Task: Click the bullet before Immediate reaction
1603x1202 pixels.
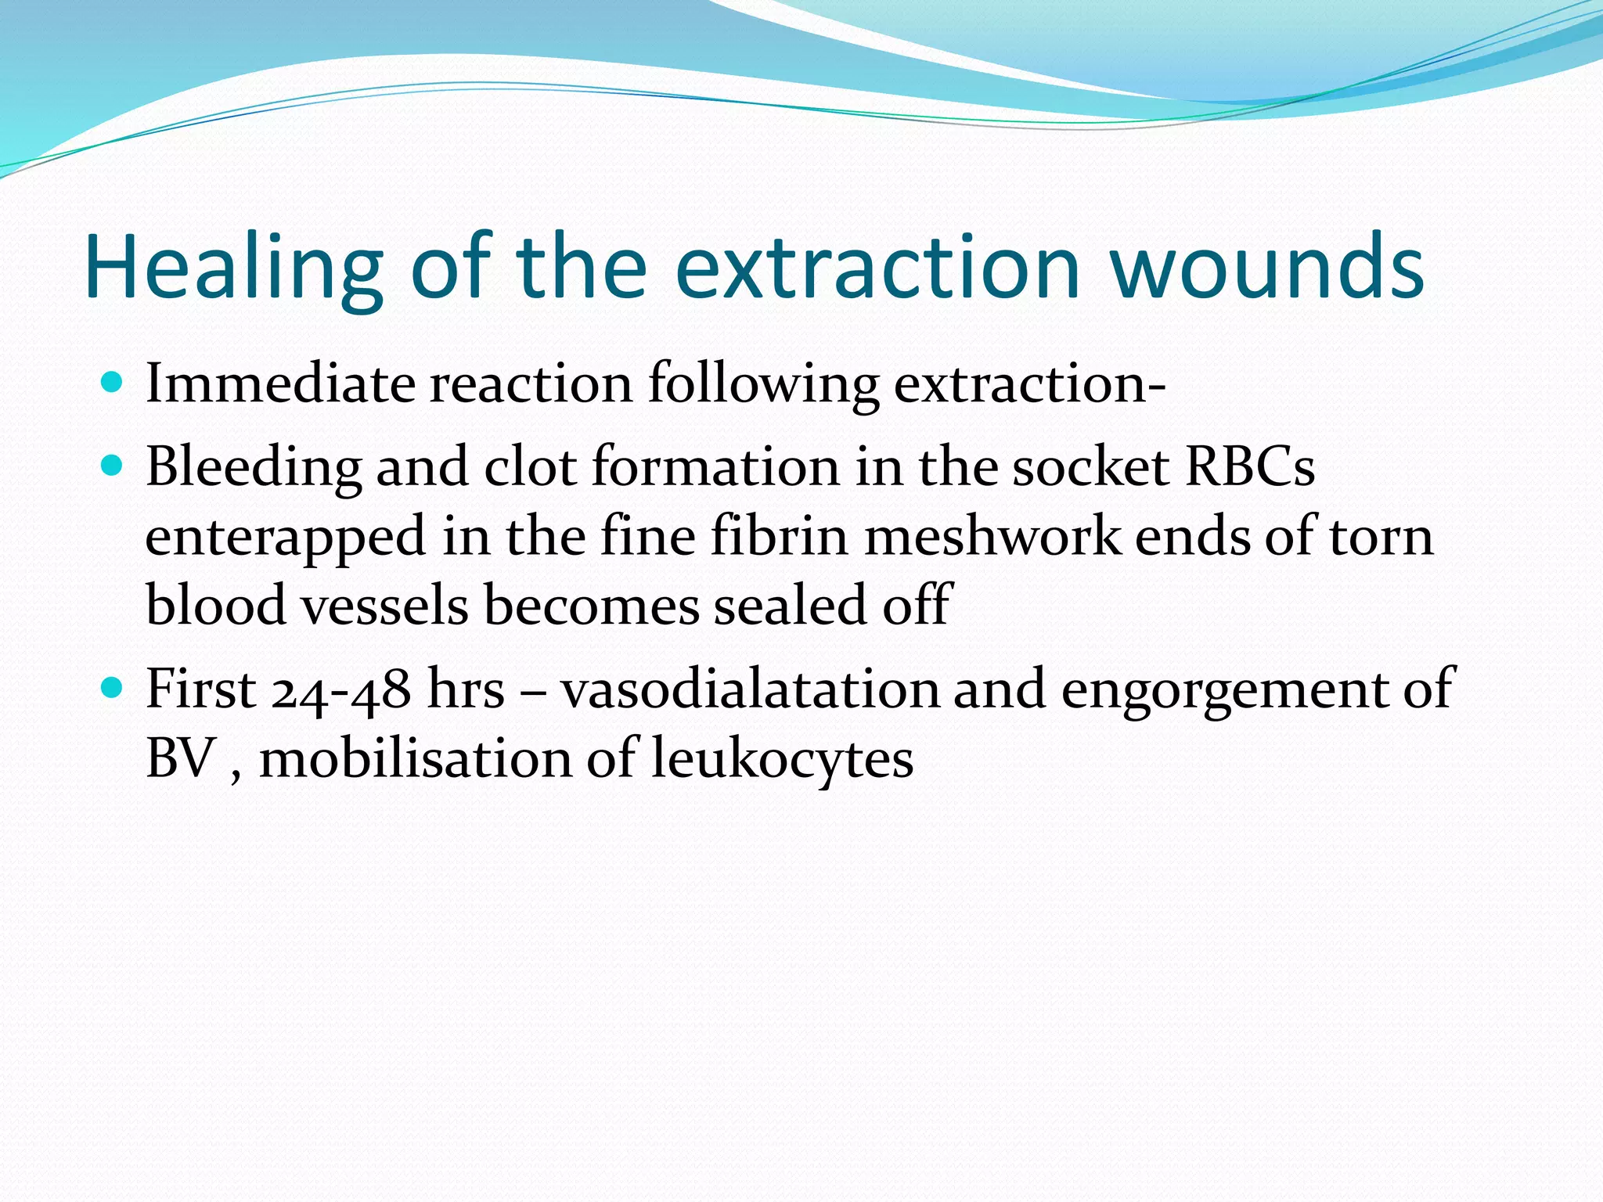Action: pyautogui.click(x=113, y=383)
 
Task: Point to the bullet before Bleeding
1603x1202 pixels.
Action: pyautogui.click(x=113, y=466)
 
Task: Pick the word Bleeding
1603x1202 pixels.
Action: pyautogui.click(x=254, y=468)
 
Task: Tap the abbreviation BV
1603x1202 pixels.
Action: pyautogui.click(x=181, y=758)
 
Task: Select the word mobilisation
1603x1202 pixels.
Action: pyautogui.click(x=416, y=759)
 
